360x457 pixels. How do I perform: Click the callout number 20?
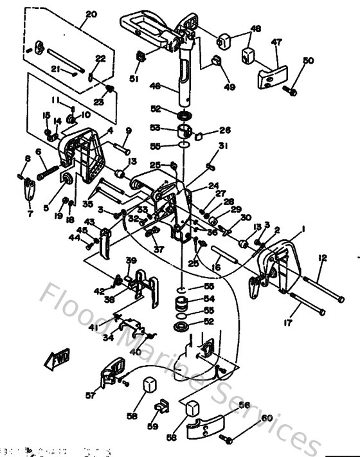click(90, 13)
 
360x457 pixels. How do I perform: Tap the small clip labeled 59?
click(161, 406)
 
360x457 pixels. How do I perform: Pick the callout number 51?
click(134, 79)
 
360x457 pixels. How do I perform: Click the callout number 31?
click(222, 146)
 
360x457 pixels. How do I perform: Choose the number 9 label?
click(129, 131)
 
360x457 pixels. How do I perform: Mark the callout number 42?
click(99, 291)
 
